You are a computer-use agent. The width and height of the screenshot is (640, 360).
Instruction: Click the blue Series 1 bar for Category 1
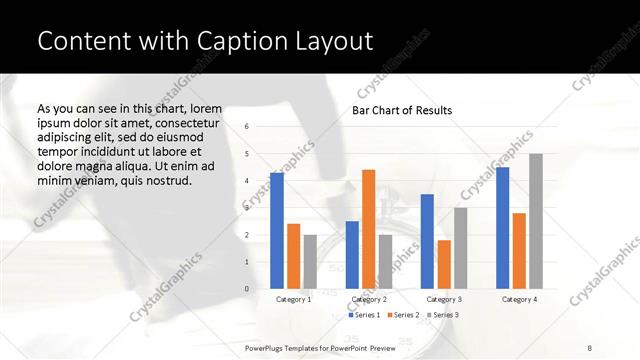click(277, 231)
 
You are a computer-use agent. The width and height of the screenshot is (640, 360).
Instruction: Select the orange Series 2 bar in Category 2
click(368, 229)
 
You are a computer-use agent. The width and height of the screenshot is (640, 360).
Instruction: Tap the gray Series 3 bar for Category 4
click(536, 221)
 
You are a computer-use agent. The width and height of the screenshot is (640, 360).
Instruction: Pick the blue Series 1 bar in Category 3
click(427, 241)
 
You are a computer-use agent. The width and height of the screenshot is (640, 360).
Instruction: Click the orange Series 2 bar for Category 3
click(444, 264)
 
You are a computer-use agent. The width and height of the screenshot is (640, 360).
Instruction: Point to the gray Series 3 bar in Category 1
click(310, 262)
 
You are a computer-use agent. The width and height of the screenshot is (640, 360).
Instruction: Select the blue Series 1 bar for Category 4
click(502, 228)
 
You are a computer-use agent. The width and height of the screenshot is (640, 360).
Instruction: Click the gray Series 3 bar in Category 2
click(385, 262)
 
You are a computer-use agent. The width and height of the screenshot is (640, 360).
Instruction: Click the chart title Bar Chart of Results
click(402, 110)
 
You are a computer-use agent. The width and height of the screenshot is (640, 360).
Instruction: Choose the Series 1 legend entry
click(363, 315)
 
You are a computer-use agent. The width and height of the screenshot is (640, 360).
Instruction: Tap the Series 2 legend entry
click(402, 315)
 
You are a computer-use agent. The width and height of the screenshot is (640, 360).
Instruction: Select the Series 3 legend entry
click(441, 315)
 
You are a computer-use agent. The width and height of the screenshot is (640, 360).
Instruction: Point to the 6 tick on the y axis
click(246, 126)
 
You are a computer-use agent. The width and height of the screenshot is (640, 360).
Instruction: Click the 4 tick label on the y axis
click(246, 180)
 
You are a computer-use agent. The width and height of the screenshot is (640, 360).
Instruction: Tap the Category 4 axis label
click(519, 299)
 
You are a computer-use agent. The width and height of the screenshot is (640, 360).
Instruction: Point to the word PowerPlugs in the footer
click(265, 349)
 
